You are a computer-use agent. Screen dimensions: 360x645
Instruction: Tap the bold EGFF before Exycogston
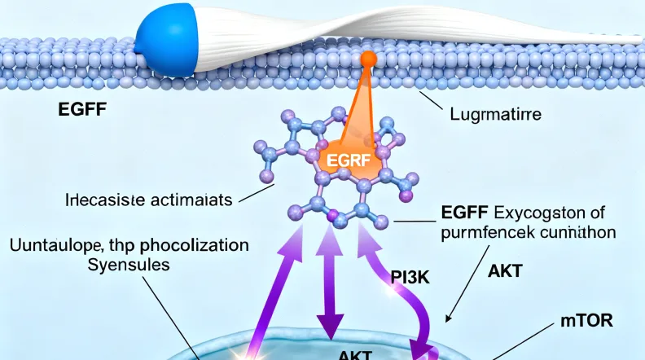point(466,214)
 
